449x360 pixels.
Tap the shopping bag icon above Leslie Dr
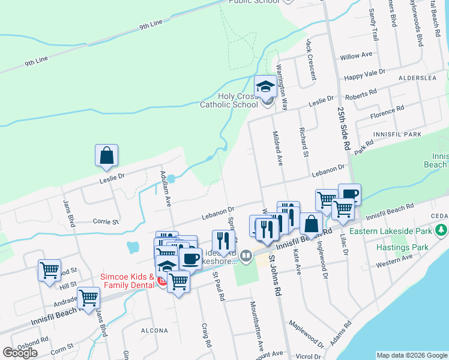[x=106, y=155]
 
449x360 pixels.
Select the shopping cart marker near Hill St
[x=49, y=270]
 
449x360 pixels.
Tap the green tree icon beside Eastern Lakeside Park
[x=442, y=230]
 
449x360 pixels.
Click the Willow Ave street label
[x=356, y=56]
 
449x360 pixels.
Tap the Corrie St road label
[x=106, y=221]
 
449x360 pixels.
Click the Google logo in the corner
[x=20, y=353]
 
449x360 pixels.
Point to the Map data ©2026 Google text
[x=411, y=355]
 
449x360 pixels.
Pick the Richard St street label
[x=304, y=143]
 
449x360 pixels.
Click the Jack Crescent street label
[x=310, y=59]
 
